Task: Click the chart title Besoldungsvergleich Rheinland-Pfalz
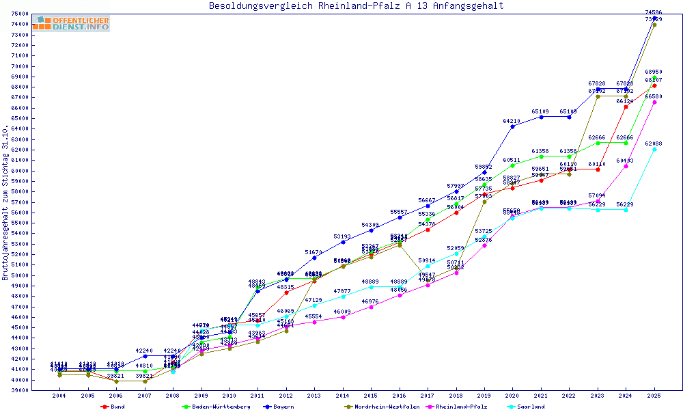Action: click(357, 6)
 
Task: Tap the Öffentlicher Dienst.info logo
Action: click(71, 24)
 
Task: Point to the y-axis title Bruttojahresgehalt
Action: click(5, 203)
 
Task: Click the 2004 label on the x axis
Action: click(59, 396)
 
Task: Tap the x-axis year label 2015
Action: click(371, 396)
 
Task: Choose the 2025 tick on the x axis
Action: click(654, 396)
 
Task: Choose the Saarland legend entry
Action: click(531, 407)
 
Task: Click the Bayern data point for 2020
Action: click(512, 126)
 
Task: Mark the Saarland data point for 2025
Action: click(654, 149)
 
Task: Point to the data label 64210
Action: click(512, 121)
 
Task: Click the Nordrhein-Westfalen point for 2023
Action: click(598, 96)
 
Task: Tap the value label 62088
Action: click(654, 143)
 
